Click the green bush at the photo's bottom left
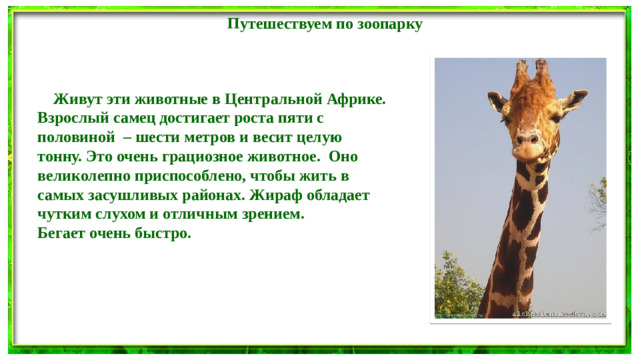[453, 300]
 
